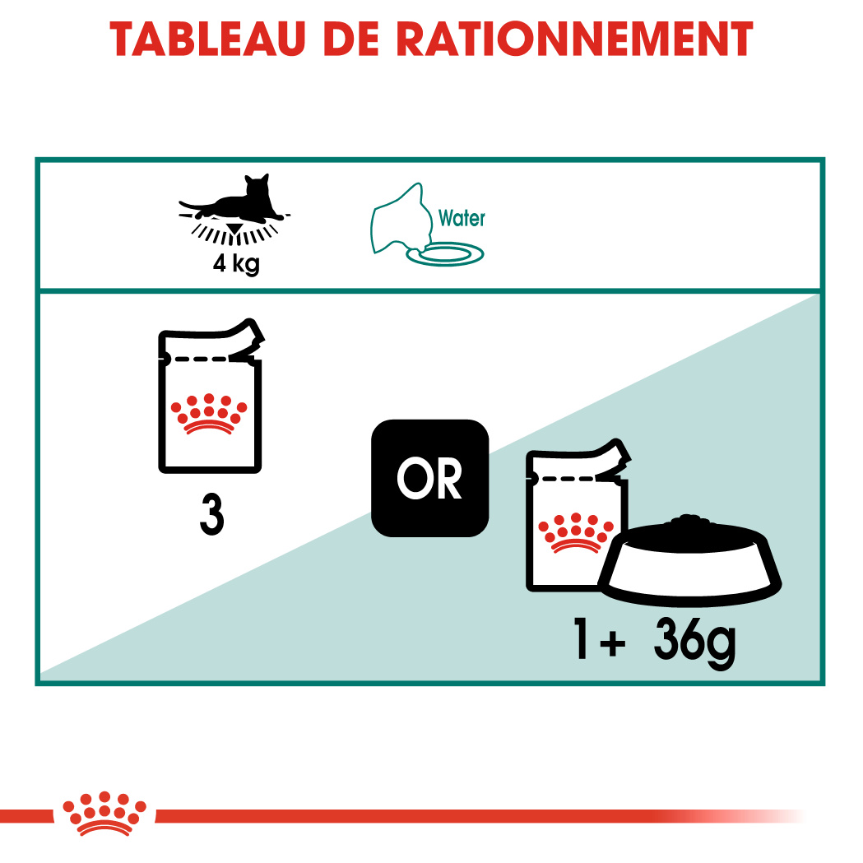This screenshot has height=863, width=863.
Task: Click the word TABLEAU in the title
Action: tap(207, 39)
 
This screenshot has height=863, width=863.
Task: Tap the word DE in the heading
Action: tap(351, 39)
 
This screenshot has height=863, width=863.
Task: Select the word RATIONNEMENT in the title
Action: tap(574, 39)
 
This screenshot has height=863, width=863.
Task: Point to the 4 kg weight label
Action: tap(236, 263)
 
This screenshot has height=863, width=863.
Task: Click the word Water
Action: tap(462, 219)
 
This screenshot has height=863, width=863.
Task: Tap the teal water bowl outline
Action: tap(445, 254)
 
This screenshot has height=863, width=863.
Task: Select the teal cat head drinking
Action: tap(401, 217)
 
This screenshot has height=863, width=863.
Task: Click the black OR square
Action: tap(429, 478)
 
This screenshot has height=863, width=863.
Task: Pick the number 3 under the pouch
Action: tap(212, 514)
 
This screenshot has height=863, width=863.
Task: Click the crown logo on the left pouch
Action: tap(209, 414)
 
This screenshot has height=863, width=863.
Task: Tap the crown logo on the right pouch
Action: tap(576, 532)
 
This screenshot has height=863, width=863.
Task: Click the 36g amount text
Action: tap(694, 641)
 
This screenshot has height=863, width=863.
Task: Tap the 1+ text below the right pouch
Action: tap(600, 638)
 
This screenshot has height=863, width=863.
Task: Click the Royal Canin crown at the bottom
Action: tap(104, 814)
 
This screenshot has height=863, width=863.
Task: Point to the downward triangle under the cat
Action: tap(235, 230)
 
